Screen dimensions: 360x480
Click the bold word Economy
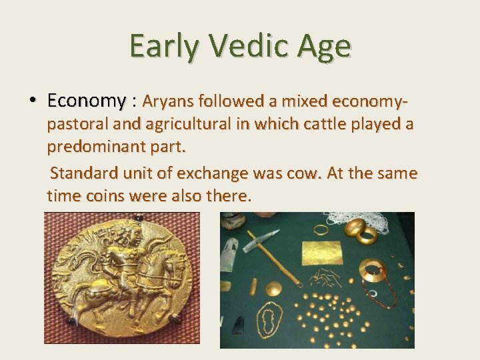[x=86, y=101]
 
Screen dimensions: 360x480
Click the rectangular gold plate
[x=321, y=253]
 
